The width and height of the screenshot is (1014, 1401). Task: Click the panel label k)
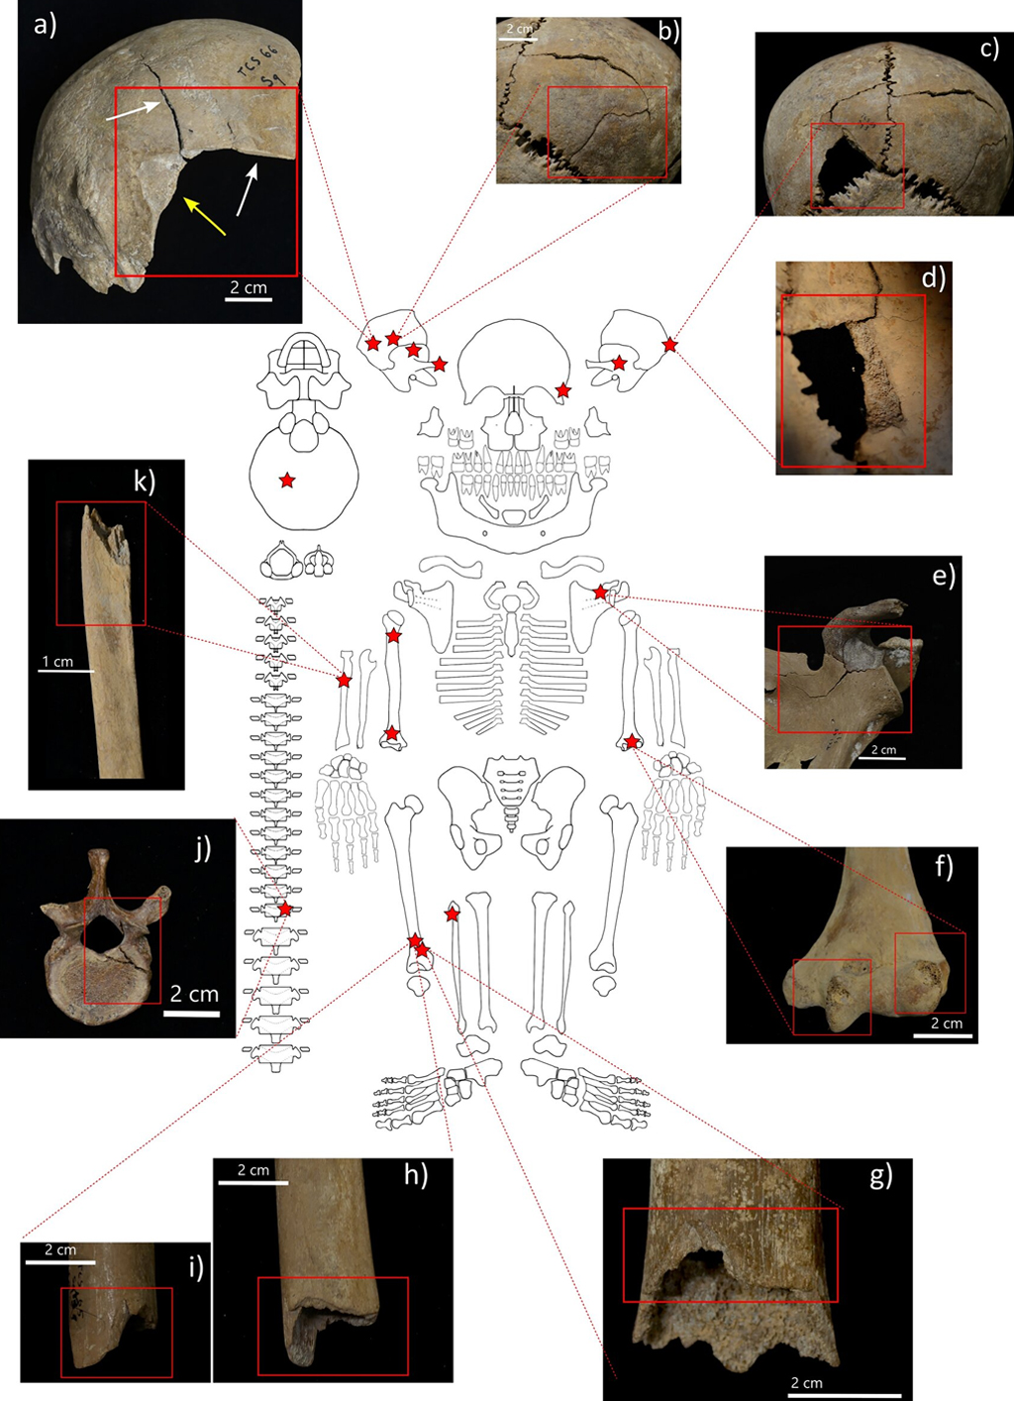tap(145, 481)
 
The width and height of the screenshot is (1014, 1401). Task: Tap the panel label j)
tap(203, 848)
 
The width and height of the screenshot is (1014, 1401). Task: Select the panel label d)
tap(933, 277)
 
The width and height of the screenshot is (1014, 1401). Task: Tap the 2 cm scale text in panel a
tap(249, 287)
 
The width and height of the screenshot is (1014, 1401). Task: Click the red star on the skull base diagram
tap(287, 481)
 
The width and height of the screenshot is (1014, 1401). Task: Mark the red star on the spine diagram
tap(285, 909)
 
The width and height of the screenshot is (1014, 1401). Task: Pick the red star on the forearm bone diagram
tap(344, 681)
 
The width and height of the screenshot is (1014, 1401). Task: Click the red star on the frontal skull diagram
tap(562, 390)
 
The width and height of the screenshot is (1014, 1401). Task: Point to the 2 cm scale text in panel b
tap(518, 29)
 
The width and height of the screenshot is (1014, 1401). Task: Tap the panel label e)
tap(943, 575)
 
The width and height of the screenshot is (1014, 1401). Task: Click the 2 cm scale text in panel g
tap(806, 1382)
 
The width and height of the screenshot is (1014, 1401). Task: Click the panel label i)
tap(194, 1266)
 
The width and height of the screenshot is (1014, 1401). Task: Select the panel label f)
tap(944, 866)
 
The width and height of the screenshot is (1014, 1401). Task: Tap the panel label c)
tap(988, 48)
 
